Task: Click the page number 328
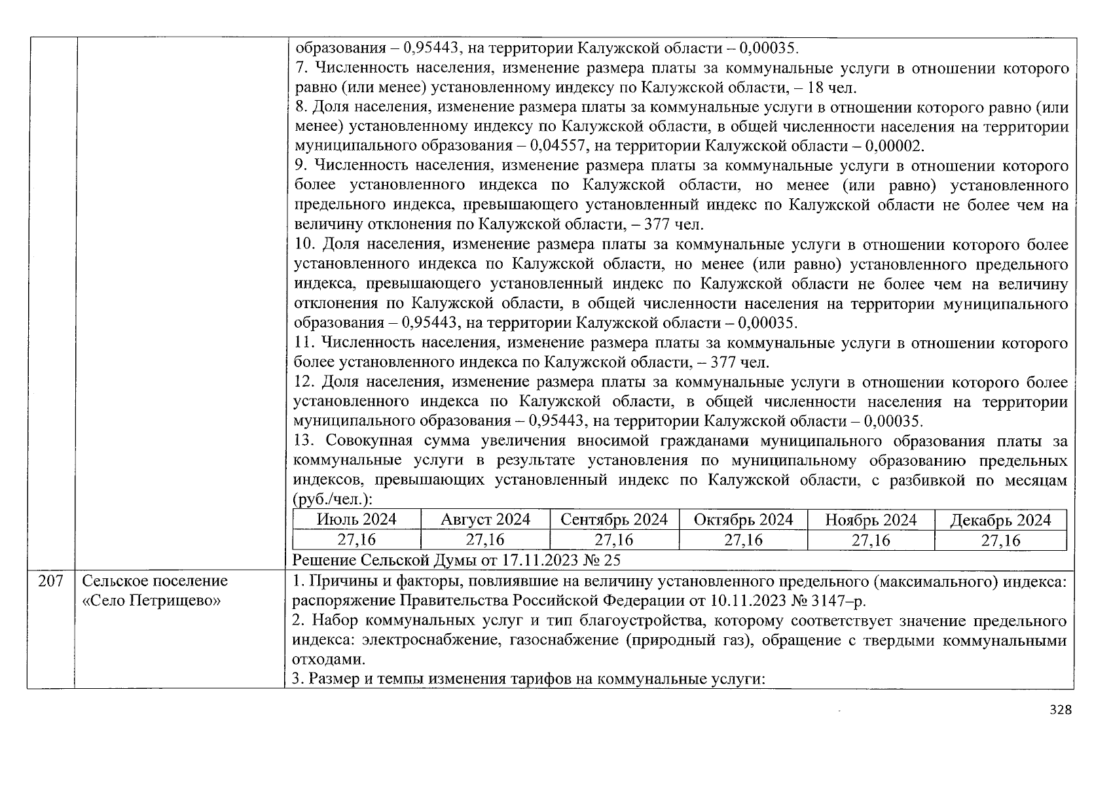(x=1060, y=710)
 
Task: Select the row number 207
(x=50, y=581)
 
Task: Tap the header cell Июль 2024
(x=356, y=520)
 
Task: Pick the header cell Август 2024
(x=485, y=520)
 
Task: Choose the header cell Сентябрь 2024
(x=614, y=520)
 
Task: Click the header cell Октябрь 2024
(x=743, y=520)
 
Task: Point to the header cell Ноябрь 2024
(x=871, y=521)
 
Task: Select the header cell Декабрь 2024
(x=1000, y=521)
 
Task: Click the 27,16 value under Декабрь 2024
(x=1000, y=540)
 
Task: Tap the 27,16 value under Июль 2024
(x=356, y=540)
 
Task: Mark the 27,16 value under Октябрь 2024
(x=743, y=540)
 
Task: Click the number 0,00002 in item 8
(x=894, y=147)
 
